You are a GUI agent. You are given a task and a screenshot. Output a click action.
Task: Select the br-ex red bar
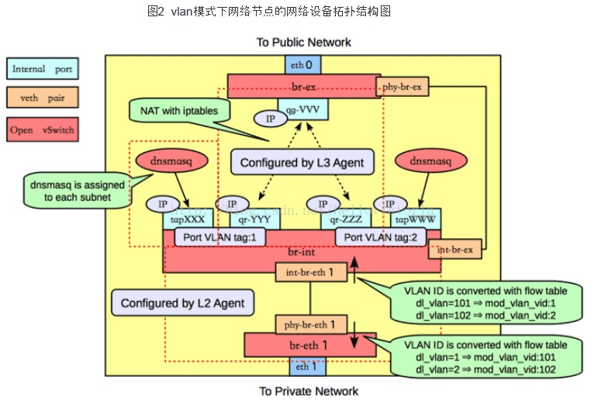tap(302, 86)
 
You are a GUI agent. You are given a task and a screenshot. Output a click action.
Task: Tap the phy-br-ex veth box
tap(402, 87)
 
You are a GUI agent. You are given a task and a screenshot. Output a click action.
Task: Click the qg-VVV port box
tap(303, 109)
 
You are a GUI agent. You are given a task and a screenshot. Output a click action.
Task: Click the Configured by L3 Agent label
tap(302, 163)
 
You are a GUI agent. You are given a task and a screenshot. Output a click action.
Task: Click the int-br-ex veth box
tap(455, 250)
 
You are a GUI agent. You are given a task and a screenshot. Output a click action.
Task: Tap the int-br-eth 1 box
tap(310, 272)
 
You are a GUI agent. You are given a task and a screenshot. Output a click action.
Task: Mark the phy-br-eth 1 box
tap(310, 324)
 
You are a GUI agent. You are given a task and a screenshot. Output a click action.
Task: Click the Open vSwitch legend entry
tap(43, 129)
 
